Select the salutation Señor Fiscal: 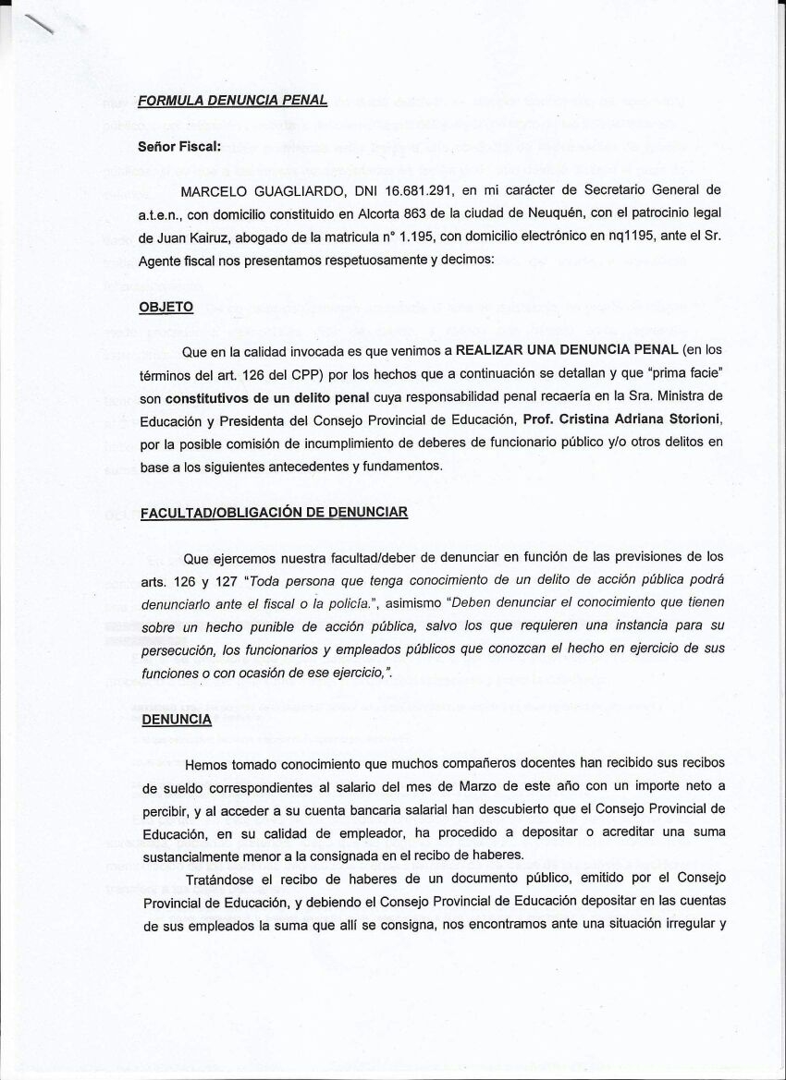pyautogui.click(x=179, y=146)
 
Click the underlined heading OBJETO pyautogui.click(x=166, y=307)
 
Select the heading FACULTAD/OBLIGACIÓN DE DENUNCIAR pyautogui.click(x=274, y=513)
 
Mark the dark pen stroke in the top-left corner pyautogui.click(x=42, y=25)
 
